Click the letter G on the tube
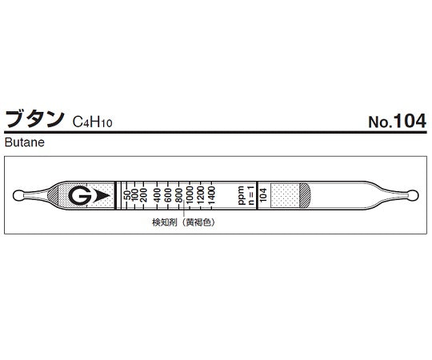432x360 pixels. (78, 194)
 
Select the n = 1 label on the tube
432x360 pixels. (250, 194)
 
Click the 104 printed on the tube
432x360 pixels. (262, 194)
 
